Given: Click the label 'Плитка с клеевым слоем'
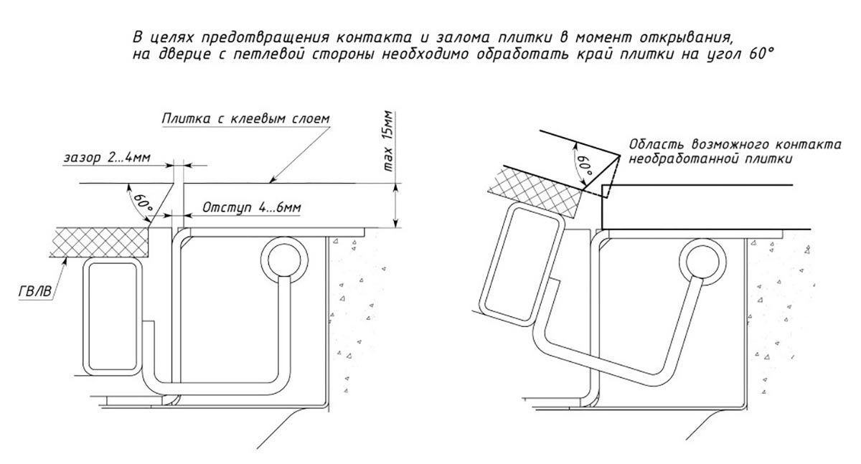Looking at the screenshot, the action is click(x=245, y=118).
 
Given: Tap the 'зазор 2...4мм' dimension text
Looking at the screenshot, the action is click(x=107, y=158).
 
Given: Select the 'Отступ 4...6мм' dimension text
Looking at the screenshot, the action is click(x=252, y=208).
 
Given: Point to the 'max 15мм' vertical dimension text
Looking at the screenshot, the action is click(x=388, y=141).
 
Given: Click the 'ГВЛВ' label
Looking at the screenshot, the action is click(x=35, y=292).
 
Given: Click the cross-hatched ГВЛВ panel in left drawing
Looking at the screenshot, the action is click(x=100, y=242).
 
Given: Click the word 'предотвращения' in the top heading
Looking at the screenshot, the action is click(x=265, y=37).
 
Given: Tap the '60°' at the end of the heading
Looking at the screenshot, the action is click(x=761, y=53).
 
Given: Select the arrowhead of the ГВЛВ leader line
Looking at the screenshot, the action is click(x=66, y=260).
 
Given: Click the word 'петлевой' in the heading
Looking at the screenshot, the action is click(x=268, y=55).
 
